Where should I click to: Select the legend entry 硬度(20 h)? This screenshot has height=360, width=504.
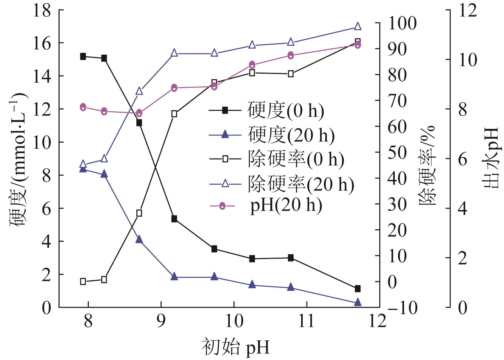(x=291, y=135)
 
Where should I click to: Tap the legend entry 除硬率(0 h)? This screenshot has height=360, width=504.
(x=296, y=159)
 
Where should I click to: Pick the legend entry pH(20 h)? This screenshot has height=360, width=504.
(x=286, y=206)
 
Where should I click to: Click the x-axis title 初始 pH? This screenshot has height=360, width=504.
(x=235, y=347)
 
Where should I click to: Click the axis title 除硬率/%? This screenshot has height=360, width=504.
(x=427, y=166)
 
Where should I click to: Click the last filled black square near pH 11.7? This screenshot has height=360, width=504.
(x=357, y=289)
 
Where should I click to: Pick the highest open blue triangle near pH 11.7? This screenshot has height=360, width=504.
(x=357, y=26)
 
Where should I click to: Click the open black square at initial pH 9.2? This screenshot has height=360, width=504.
(x=174, y=114)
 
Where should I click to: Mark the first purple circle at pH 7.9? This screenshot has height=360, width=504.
(x=83, y=107)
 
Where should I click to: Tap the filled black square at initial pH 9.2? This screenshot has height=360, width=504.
(x=174, y=219)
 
